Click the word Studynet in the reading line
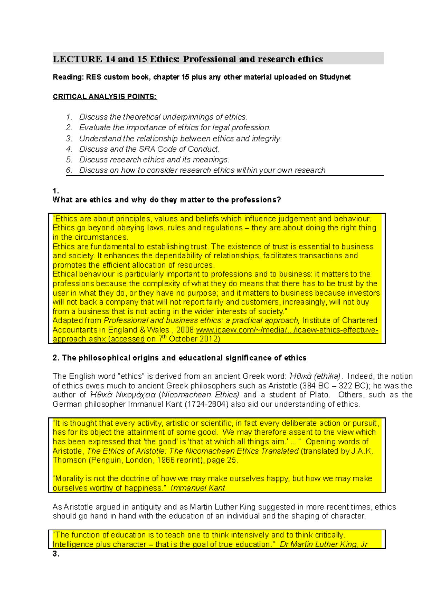coord(335,77)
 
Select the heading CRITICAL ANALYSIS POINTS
coord(105,96)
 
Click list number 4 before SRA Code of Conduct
coord(69,149)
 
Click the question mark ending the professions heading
coord(279,200)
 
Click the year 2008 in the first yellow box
coord(185,330)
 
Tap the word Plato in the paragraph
coord(319,395)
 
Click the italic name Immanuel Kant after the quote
coord(198,488)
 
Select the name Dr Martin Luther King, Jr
coord(323,544)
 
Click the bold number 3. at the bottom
coord(56,554)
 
